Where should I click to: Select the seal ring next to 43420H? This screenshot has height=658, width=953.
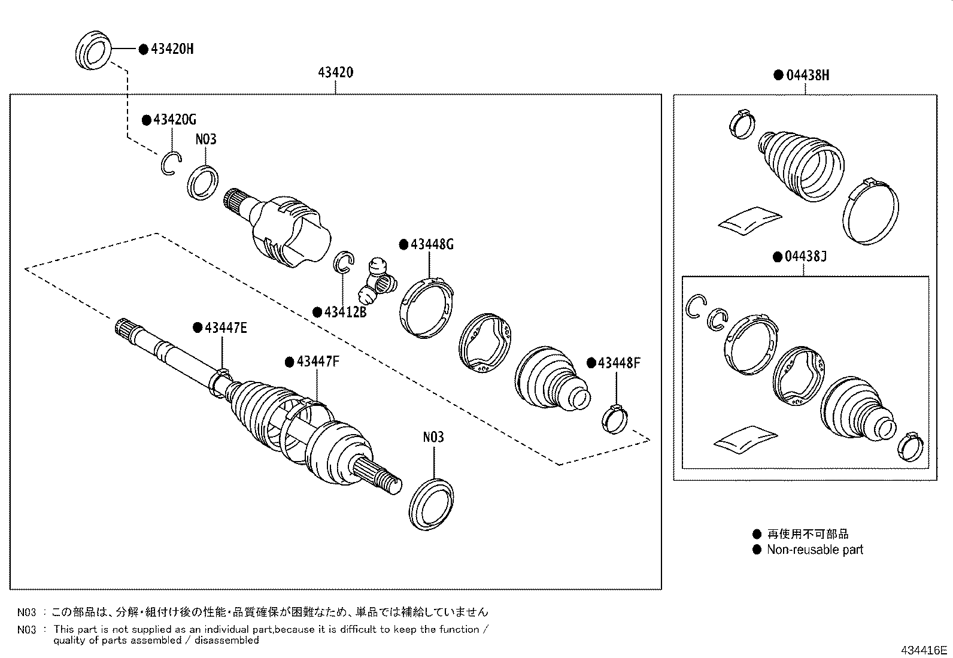(x=94, y=51)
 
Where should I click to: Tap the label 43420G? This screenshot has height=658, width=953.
(x=174, y=120)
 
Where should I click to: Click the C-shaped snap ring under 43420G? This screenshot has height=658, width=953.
(x=170, y=163)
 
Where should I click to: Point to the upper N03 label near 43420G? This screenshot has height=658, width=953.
(x=206, y=140)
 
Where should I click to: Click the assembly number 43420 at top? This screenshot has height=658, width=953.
(x=335, y=73)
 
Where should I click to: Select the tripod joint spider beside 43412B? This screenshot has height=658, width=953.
(x=377, y=280)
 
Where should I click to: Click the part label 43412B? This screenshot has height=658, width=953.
(x=345, y=312)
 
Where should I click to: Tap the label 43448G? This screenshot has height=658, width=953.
(x=432, y=244)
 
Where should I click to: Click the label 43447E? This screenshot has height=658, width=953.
(x=226, y=328)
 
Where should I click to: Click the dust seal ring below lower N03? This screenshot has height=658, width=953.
(x=432, y=504)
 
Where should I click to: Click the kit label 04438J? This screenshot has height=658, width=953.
(x=805, y=257)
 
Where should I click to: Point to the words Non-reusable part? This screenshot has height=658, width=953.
(x=815, y=550)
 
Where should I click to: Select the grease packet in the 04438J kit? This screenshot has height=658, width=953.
(x=744, y=438)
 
